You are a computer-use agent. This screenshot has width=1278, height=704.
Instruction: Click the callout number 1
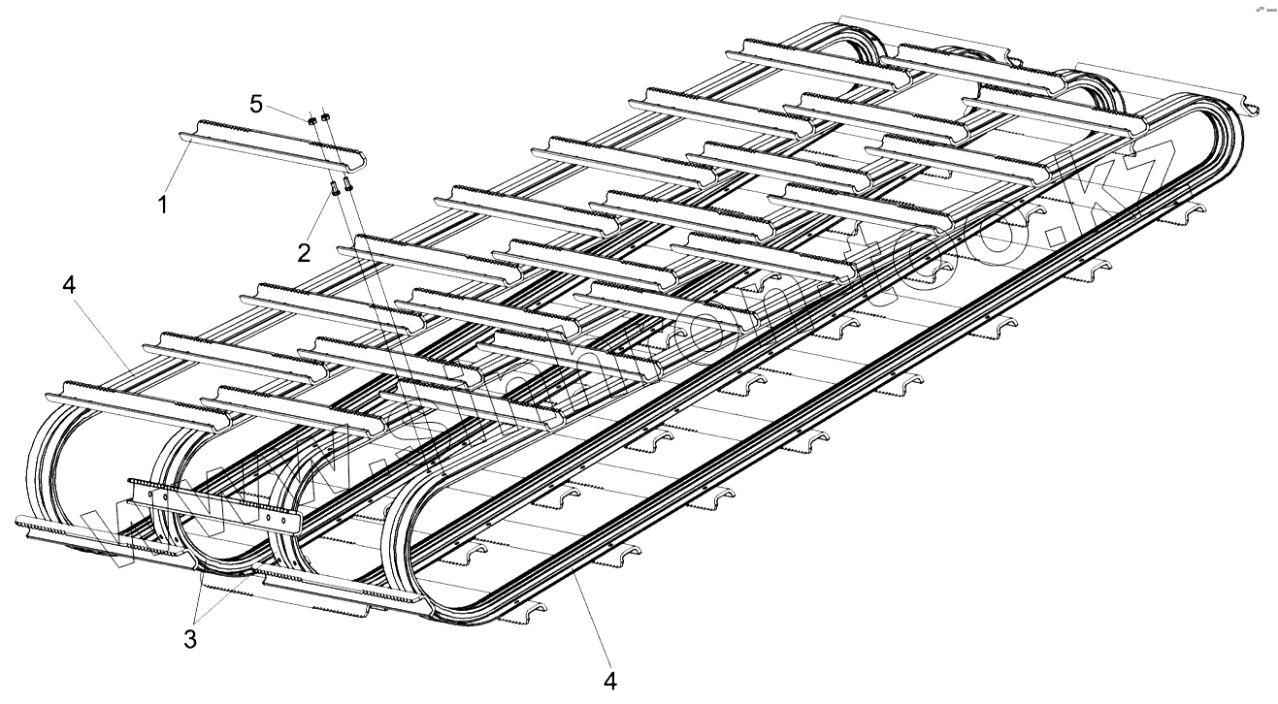point(163,205)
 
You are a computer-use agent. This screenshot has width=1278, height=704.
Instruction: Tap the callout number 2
point(305,253)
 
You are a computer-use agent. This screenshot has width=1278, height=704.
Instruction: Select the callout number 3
point(191,639)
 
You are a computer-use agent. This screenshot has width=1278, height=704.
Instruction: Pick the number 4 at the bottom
point(609,681)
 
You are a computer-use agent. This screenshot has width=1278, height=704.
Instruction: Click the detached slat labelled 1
point(272,144)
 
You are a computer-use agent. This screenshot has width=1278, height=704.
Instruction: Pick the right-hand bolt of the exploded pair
point(348,177)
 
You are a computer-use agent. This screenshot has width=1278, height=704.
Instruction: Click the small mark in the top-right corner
point(1264,9)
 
